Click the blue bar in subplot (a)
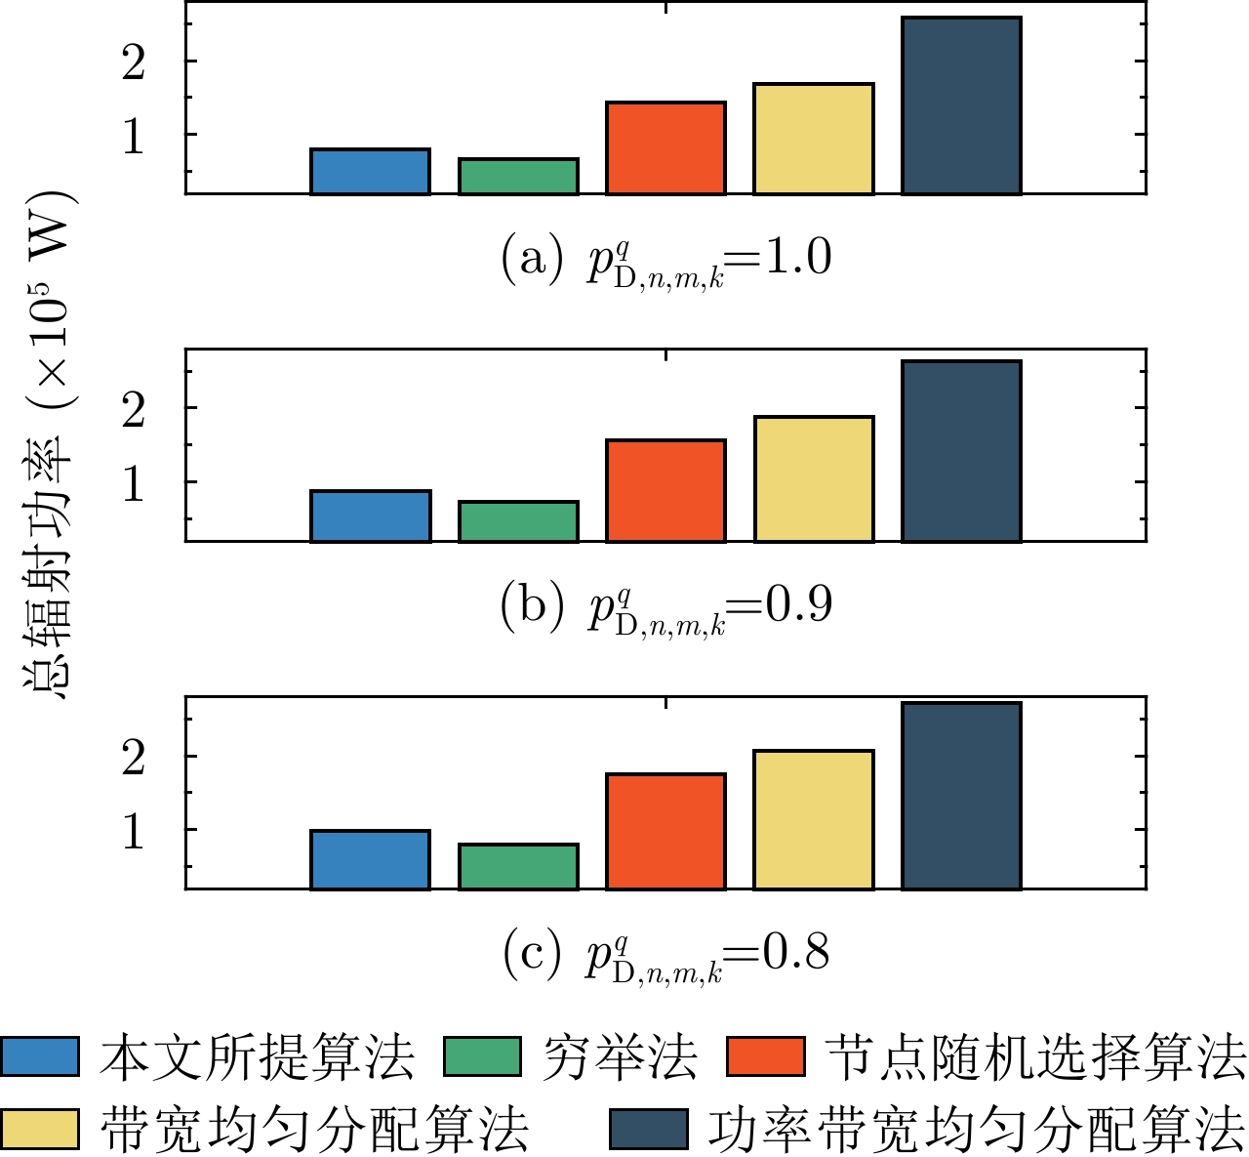(370, 172)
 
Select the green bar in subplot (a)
(518, 177)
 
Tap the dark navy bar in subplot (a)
(961, 105)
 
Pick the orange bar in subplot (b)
(665, 490)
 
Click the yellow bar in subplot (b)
(814, 478)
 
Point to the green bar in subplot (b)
(518, 521)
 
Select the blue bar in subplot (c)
(370, 859)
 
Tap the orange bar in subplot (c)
(665, 831)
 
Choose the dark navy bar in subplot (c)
(961, 796)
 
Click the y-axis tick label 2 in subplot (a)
(134, 62)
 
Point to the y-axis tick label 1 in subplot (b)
(134, 482)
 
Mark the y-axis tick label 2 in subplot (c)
(134, 757)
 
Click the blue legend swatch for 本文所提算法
(40, 1056)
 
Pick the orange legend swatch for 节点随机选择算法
(766, 1056)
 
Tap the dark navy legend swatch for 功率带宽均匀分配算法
(648, 1129)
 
